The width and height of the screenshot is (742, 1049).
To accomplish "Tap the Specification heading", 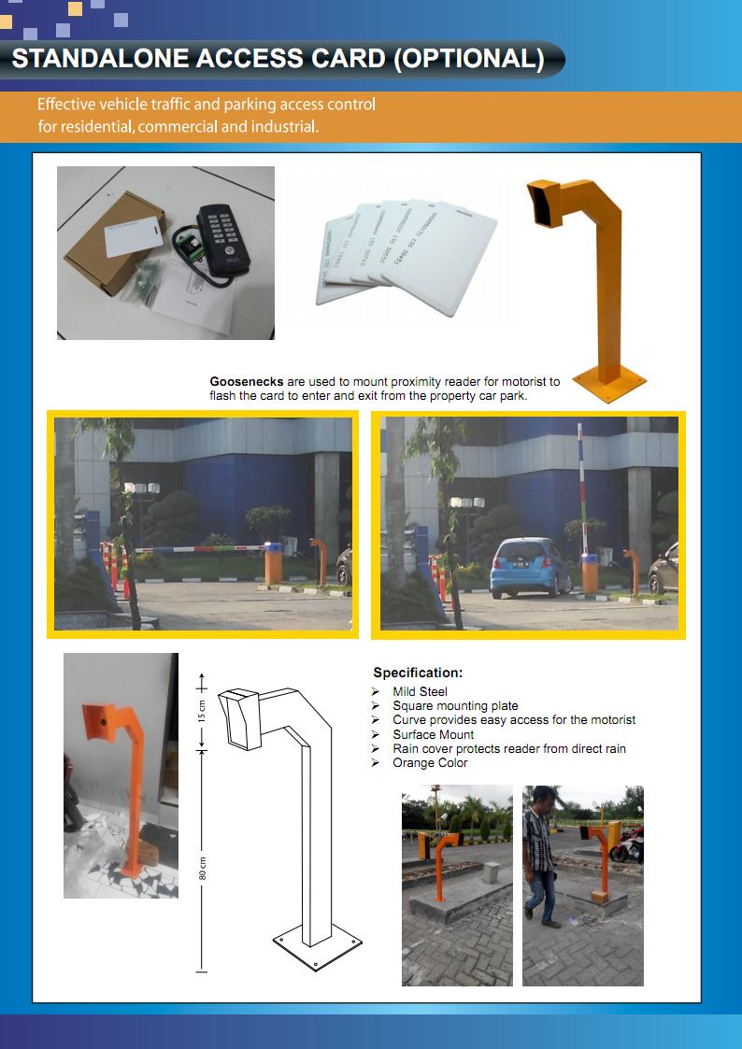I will pos(418,673).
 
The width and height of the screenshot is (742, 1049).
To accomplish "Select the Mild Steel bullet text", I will pos(420,692).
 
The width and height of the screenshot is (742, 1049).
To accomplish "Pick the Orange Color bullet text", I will pos(430,763).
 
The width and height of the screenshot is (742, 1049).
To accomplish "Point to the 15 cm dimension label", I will pos(202,712).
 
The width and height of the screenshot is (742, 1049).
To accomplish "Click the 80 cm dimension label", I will pos(202,868).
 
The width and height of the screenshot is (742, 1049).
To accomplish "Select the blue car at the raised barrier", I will pos(530,567).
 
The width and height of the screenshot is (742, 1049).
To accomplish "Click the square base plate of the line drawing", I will pos(317,948).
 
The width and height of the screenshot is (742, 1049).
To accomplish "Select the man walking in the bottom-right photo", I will pos(539,856).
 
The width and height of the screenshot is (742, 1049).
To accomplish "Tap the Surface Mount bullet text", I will pos(433,735).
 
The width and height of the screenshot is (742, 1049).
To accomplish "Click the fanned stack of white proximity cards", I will pos(402,251).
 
